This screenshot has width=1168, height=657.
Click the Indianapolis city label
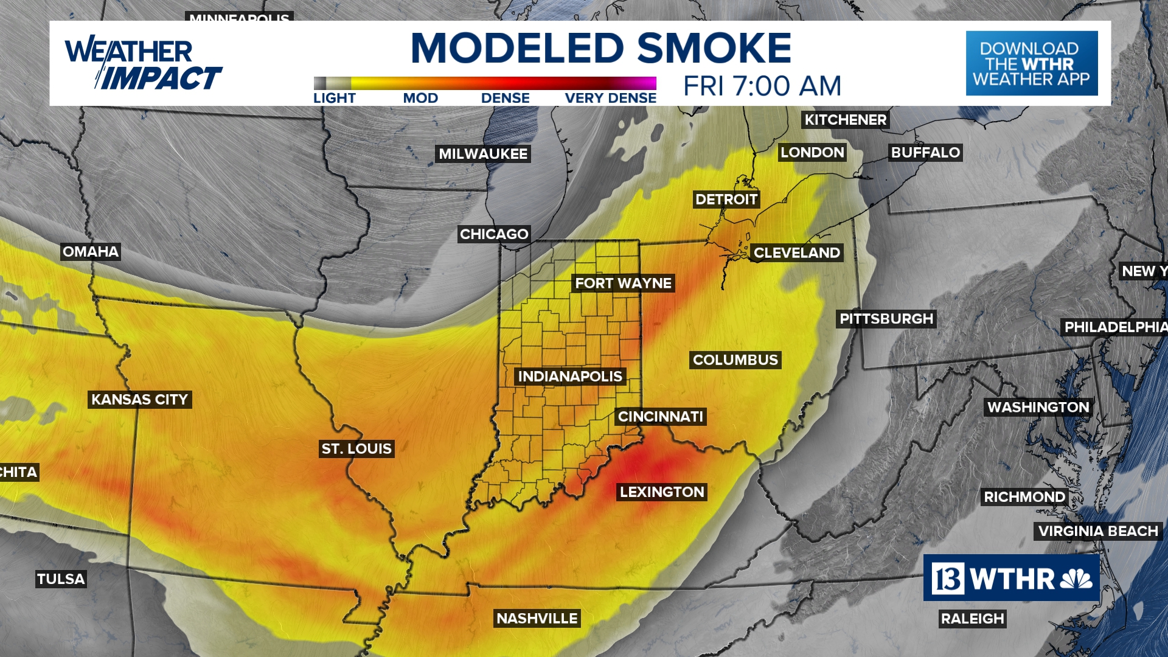570,377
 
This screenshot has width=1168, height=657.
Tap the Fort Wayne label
623,283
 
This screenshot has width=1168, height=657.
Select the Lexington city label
662,492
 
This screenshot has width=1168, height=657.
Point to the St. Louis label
356,449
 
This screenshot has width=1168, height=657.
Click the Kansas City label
139,400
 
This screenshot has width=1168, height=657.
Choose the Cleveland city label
796,253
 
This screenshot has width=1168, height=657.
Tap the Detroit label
726,200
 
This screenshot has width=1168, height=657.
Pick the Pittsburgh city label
886,319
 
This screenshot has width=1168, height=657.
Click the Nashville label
537,619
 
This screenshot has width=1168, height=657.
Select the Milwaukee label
483,154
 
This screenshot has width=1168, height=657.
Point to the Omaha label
91,252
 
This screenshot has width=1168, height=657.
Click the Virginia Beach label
1097,531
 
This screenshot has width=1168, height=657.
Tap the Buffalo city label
925,153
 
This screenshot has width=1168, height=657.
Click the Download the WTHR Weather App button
1031,63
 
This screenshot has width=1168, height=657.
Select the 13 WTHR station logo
1011,578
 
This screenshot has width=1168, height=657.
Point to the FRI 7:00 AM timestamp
762,86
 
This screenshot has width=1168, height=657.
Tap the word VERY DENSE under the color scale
610,99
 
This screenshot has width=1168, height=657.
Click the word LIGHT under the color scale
334,99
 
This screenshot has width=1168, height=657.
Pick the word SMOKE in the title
714,48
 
